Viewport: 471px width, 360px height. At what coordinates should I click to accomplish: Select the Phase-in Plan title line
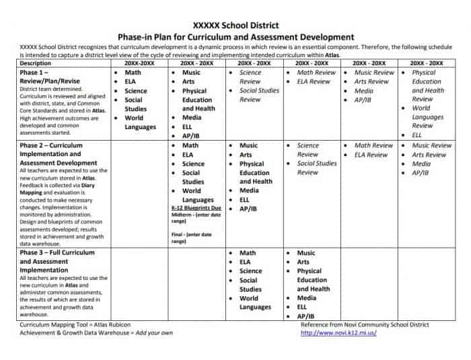coord(235,36)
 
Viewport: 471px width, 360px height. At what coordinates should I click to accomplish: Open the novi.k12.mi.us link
coord(338,332)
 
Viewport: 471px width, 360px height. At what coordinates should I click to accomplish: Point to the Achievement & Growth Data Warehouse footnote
coord(96,332)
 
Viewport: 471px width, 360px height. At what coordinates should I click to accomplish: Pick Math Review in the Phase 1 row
coord(316,72)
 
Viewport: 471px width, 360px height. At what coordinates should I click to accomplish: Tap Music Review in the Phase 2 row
coord(431,145)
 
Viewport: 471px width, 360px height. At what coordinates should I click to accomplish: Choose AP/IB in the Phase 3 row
coord(306,316)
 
